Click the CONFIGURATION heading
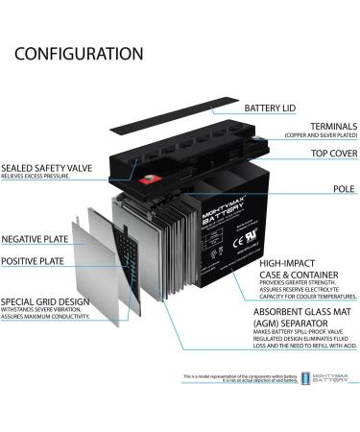pyautogui.click(x=79, y=54)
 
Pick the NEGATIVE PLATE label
pyautogui.click(x=35, y=238)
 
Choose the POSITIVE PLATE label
pyautogui.click(x=34, y=261)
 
